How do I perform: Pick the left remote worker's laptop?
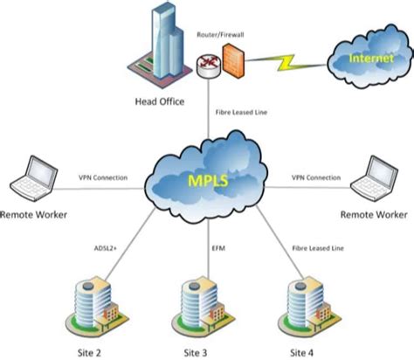click(x=31, y=178)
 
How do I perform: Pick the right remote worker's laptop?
click(x=376, y=178)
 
